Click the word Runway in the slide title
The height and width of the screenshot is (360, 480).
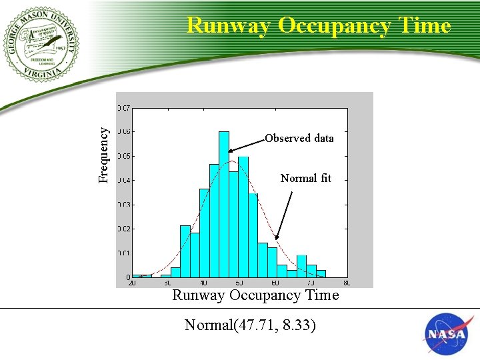[x=229, y=25]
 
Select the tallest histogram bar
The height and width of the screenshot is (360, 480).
[x=223, y=203]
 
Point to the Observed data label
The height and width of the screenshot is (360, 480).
[x=299, y=138]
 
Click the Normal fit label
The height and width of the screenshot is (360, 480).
[x=305, y=178]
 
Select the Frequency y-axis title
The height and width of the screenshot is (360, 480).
[x=103, y=155]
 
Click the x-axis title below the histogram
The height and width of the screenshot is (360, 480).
[x=255, y=295]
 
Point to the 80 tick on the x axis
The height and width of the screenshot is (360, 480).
[x=346, y=283]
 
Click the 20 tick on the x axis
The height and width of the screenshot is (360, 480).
[x=132, y=283]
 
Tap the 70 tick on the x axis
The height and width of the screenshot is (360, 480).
[x=311, y=283]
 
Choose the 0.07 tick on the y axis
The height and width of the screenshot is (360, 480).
[x=124, y=107]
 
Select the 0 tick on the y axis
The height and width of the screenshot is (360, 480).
[x=127, y=277]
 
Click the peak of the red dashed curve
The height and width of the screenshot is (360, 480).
[x=231, y=161]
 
